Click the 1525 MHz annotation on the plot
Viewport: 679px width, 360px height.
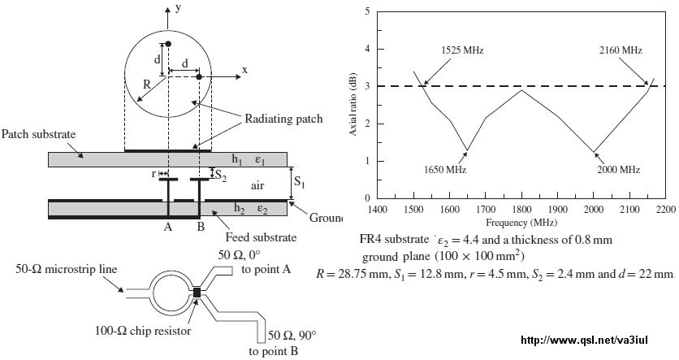pos(462,50)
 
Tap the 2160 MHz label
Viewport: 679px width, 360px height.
pos(621,50)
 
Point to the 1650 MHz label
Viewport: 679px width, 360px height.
pos(445,169)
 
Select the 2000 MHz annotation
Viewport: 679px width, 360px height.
pos(618,169)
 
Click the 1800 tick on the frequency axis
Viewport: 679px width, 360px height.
pos(521,210)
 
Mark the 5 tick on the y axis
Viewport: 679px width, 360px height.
pos(368,11)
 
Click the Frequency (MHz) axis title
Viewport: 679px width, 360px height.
pos(521,223)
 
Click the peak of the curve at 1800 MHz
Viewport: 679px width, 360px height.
pos(521,90)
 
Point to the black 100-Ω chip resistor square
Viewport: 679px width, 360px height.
pos(197,293)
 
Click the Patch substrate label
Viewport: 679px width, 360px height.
pos(38,134)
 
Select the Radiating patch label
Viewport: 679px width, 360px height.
pos(283,119)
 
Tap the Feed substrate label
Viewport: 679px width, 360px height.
pos(261,237)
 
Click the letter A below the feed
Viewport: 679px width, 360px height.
pos(168,227)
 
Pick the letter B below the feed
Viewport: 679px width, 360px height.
pos(201,227)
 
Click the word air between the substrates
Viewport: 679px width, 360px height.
pos(257,186)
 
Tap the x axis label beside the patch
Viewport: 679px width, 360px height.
pos(245,70)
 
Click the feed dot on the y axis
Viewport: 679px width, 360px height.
pos(168,44)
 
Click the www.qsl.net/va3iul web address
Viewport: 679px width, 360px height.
pos(585,340)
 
